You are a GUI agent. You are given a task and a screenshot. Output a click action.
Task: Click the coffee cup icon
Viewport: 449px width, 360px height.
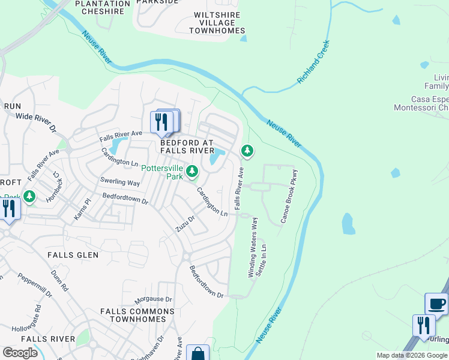point(436,304)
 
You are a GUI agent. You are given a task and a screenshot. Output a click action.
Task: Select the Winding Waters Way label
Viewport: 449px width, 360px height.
point(254,247)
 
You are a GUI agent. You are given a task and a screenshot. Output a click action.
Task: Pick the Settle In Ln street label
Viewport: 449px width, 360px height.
point(262,260)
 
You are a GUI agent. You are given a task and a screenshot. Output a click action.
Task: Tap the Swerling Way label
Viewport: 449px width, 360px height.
point(120,182)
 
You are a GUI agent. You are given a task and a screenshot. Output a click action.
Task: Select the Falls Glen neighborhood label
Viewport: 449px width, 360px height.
point(73,255)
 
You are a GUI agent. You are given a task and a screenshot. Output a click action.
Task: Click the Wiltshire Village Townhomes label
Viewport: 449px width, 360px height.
point(217,23)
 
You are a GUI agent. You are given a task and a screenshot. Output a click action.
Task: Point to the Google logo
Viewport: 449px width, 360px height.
point(20,353)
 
